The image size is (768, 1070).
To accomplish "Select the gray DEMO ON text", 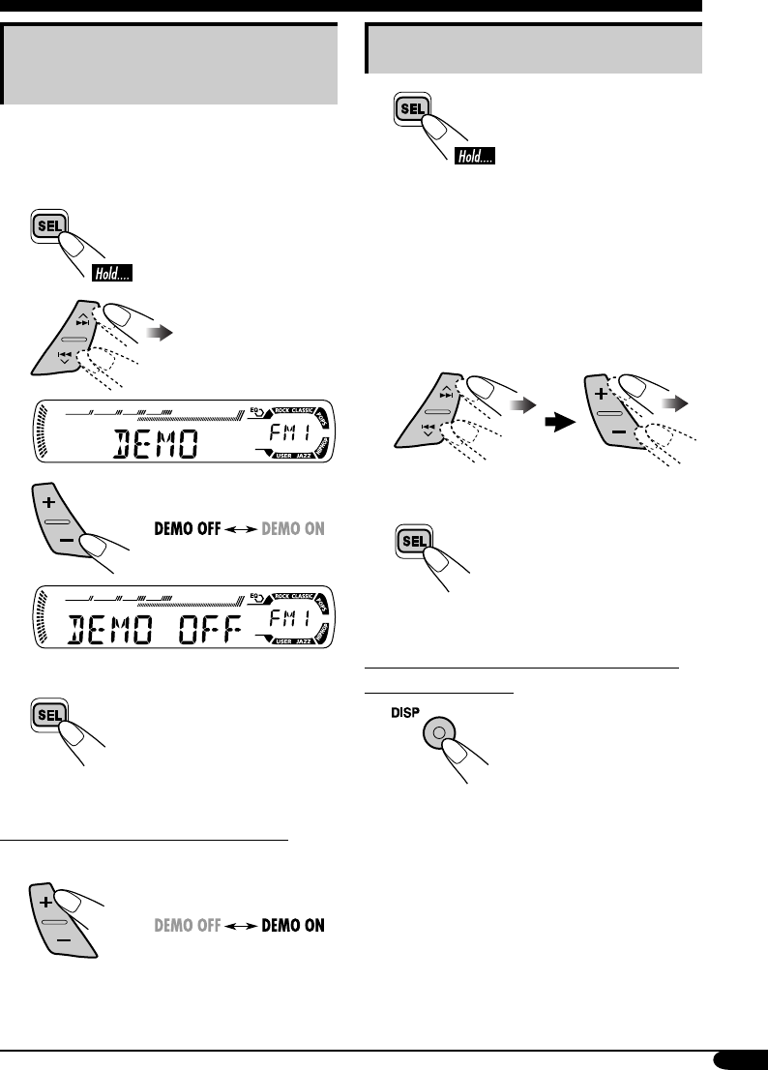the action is (290, 529).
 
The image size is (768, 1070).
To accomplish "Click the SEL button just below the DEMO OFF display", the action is (49, 714).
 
